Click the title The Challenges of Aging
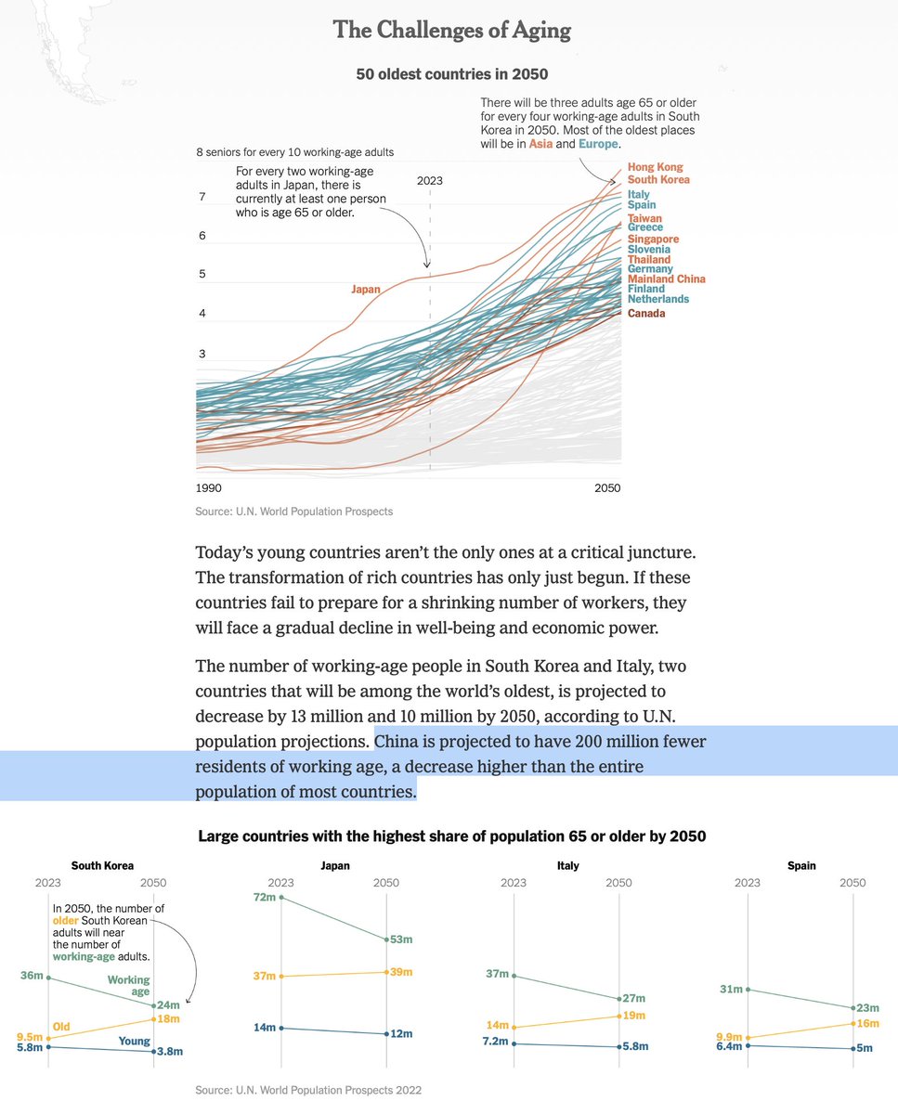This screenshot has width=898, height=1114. coord(451,31)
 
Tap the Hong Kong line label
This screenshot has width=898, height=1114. coord(655,167)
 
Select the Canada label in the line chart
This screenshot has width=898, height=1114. coord(646,314)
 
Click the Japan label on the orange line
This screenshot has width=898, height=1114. coord(366,290)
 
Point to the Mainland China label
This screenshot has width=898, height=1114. coord(666,278)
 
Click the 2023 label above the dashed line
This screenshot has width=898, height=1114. coord(430,181)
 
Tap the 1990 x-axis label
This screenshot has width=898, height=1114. coord(208,488)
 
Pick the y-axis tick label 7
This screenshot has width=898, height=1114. coord(202,197)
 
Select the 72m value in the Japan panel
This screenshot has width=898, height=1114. coord(264,898)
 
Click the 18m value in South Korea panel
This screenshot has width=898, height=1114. coord(168,1018)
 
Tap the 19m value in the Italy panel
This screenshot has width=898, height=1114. coord(634,1016)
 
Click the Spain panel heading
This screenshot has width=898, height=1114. coord(801,865)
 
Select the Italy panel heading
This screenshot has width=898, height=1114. coord(568,865)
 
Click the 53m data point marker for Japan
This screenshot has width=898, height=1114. coord(386,939)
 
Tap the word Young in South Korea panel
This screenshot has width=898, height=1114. coord(135,1042)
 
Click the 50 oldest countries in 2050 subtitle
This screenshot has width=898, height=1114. coord(452,73)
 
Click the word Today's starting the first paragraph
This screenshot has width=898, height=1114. coord(228,552)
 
